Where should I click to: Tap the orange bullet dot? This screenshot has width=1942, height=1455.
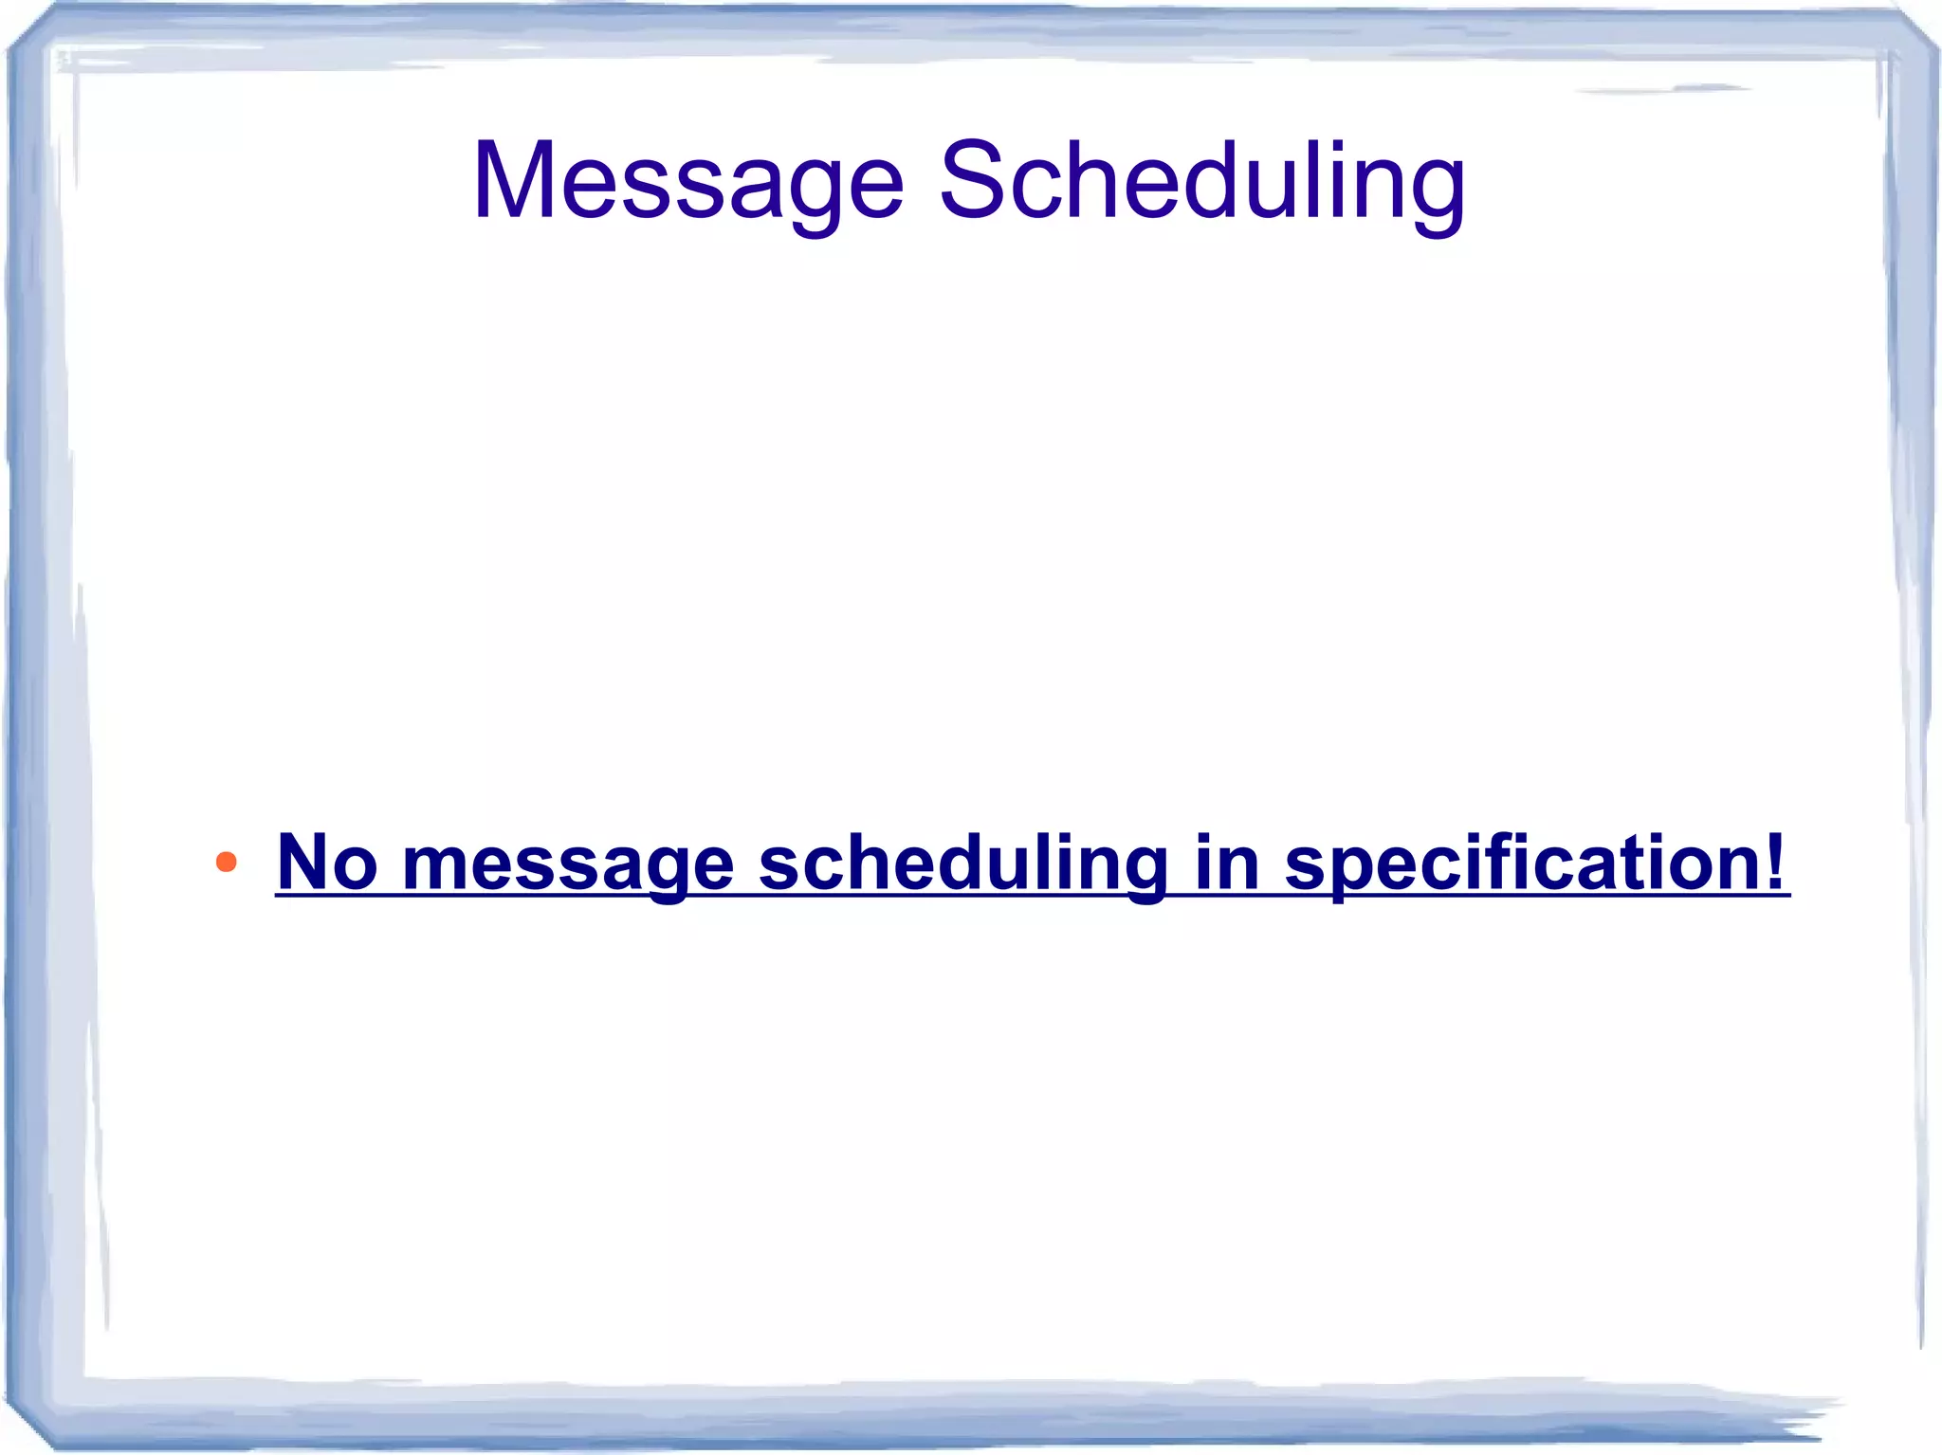(226, 862)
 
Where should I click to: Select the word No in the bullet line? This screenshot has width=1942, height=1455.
(327, 862)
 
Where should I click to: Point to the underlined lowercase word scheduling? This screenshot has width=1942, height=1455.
(962, 863)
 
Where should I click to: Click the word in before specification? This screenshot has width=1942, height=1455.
(1226, 862)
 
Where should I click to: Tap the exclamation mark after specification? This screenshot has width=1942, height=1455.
(1775, 861)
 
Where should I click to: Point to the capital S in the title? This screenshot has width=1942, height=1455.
(973, 180)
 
